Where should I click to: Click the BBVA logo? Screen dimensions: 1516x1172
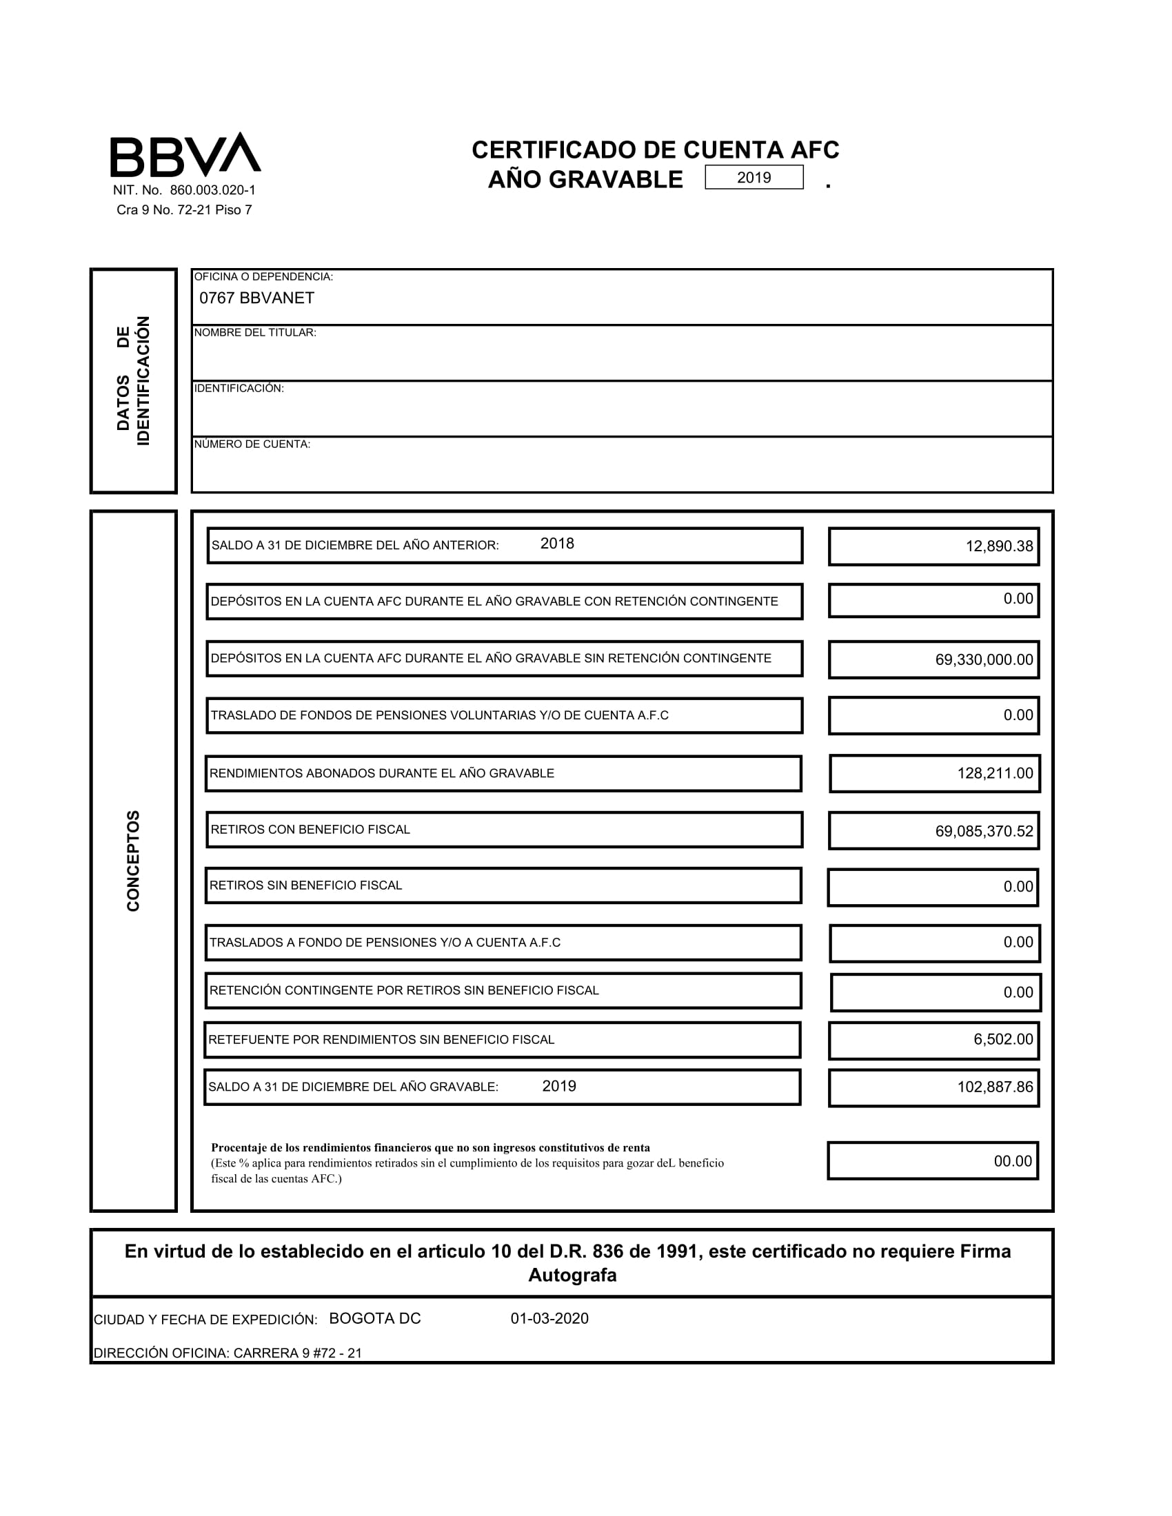click(x=185, y=155)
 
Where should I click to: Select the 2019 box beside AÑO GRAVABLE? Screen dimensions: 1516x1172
click(x=754, y=177)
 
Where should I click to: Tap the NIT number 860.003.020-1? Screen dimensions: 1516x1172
click(x=212, y=190)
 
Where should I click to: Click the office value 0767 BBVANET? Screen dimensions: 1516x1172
click(x=257, y=298)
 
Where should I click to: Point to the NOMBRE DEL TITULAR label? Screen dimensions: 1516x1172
click(x=255, y=333)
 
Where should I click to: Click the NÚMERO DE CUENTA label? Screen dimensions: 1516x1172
click(x=252, y=444)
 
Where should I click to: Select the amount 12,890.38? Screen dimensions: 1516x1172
click(x=999, y=546)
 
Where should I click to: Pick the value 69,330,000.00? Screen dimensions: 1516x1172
click(x=984, y=660)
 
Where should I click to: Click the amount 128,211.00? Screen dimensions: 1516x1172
click(x=995, y=773)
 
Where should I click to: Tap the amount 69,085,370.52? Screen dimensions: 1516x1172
click(x=984, y=832)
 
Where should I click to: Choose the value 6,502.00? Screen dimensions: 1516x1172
click(x=1003, y=1039)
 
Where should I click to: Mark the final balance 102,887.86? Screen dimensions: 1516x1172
click(x=995, y=1087)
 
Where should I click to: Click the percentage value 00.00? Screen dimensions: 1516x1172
click(x=1013, y=1161)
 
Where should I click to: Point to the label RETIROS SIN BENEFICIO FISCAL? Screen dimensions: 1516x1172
click(x=305, y=885)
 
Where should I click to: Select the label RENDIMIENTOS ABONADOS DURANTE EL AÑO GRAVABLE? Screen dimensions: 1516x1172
click(x=382, y=773)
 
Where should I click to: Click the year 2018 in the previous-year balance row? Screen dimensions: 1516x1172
click(x=557, y=544)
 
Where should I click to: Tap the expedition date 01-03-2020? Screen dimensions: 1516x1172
click(x=549, y=1319)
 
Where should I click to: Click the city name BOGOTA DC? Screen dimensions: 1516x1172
click(x=375, y=1319)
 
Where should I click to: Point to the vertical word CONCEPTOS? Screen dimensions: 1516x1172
click(x=133, y=861)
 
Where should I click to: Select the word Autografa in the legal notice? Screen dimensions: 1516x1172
click(x=572, y=1275)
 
